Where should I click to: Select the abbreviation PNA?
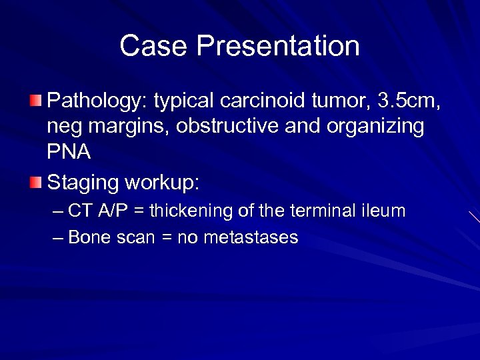(x=69, y=151)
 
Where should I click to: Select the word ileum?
(x=383, y=212)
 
